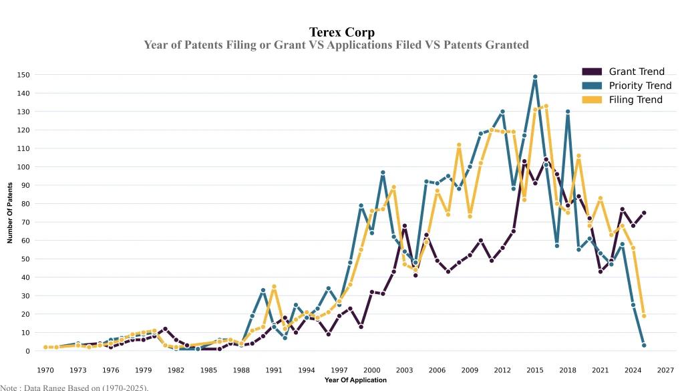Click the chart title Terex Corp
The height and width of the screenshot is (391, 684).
pyautogui.click(x=341, y=32)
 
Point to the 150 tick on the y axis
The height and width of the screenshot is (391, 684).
pyautogui.click(x=24, y=75)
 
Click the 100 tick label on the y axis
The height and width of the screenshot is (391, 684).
pyautogui.click(x=24, y=167)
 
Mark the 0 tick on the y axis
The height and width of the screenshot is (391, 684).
pyautogui.click(x=28, y=351)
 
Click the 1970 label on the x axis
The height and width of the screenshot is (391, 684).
pyautogui.click(x=45, y=370)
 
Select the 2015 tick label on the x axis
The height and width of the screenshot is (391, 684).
pyautogui.click(x=534, y=370)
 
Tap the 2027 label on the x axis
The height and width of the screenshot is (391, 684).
pyautogui.click(x=665, y=370)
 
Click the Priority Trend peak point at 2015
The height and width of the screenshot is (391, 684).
pyautogui.click(x=535, y=77)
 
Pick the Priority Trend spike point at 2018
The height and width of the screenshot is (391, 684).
pyautogui.click(x=568, y=112)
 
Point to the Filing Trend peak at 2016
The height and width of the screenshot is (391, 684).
pyautogui.click(x=546, y=106)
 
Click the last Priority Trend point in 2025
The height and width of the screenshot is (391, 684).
pyautogui.click(x=644, y=345)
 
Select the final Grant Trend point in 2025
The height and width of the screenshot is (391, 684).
pyautogui.click(x=644, y=213)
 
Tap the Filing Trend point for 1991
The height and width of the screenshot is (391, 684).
pyautogui.click(x=274, y=287)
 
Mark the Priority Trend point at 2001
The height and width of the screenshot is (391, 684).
pyautogui.click(x=383, y=172)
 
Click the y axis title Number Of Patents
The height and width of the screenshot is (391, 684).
pyautogui.click(x=10, y=213)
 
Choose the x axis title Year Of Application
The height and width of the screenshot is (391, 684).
pyautogui.click(x=355, y=380)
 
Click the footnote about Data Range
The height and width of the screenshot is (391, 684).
pyautogui.click(x=74, y=387)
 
